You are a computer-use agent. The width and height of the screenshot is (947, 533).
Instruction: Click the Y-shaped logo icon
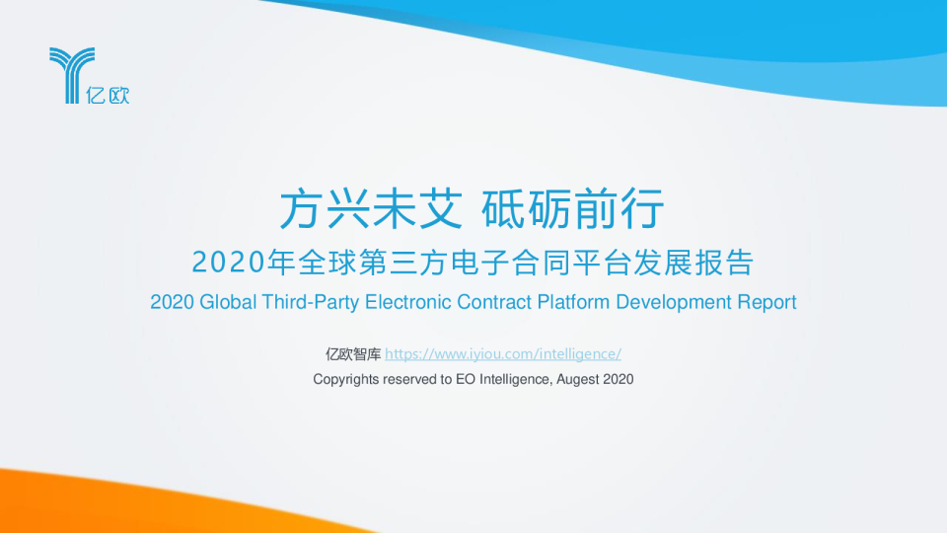pos(71,74)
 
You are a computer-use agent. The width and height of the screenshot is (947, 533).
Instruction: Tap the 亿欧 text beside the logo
pos(108,95)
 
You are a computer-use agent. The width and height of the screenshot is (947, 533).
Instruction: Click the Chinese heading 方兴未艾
pos(371,208)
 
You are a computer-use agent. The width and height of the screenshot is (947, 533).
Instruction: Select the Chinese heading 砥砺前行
pos(572,208)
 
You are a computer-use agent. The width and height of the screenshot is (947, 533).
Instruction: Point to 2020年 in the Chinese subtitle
pos(244,263)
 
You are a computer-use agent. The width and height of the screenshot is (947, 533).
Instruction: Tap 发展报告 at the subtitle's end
pos(693,263)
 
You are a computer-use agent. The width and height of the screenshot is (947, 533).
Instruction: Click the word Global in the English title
pos(228,302)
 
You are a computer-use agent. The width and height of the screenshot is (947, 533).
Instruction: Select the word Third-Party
pos(311,303)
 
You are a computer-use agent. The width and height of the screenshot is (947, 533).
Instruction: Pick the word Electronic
pos(407,302)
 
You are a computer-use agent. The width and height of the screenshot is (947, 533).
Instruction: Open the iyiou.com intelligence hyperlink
pos(503,354)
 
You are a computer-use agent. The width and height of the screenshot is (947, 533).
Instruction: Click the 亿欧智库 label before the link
pos(353,354)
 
